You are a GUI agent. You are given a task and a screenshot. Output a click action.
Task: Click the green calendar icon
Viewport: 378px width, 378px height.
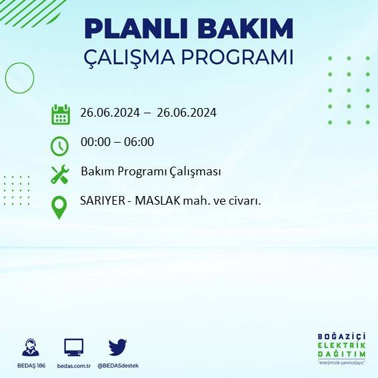(x=61, y=114)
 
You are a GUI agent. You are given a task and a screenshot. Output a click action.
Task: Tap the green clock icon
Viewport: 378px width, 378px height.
(x=60, y=145)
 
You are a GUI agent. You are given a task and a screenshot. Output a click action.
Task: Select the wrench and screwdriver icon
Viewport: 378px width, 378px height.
(x=60, y=175)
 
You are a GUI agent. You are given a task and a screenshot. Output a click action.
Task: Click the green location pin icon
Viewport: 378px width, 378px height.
(x=60, y=207)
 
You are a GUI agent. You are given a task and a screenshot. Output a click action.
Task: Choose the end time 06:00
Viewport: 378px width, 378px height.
(x=140, y=142)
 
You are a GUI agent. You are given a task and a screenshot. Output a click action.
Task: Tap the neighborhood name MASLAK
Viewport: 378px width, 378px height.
(x=157, y=200)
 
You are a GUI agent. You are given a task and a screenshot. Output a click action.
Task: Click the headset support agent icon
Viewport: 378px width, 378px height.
(x=31, y=347)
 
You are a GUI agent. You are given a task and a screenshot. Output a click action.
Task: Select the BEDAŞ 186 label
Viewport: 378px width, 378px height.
(x=31, y=365)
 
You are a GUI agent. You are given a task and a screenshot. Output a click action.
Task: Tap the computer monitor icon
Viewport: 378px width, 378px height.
(x=74, y=347)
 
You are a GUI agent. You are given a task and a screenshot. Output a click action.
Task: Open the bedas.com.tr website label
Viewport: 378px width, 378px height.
(x=73, y=365)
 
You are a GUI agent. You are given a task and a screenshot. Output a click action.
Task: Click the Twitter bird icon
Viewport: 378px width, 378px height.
(x=118, y=347)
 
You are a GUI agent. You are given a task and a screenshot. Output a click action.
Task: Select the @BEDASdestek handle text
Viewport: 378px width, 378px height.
(x=118, y=365)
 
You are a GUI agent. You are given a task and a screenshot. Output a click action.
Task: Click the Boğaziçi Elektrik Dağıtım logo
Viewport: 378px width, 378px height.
(x=342, y=348)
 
